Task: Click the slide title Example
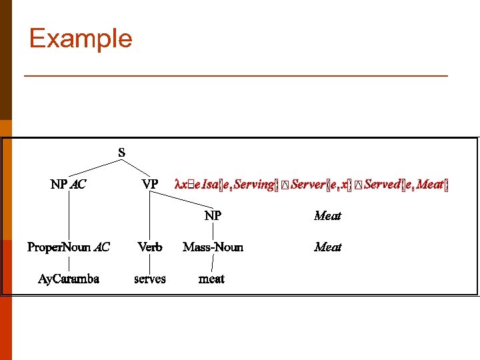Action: [x=81, y=39]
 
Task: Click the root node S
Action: [x=121, y=153]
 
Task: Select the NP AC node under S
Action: [x=68, y=184]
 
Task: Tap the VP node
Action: [x=150, y=184]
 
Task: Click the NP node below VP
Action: [x=213, y=215]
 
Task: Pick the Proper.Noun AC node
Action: [x=68, y=247]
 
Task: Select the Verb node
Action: [x=150, y=247]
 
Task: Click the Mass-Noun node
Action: [x=213, y=247]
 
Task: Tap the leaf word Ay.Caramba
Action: [x=68, y=279]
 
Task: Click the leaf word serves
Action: [x=150, y=279]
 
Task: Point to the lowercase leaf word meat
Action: [x=212, y=279]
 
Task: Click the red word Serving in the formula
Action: [x=255, y=184]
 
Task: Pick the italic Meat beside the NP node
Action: [x=327, y=215]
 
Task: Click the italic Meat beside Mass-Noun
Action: [x=327, y=247]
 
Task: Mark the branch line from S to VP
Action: [x=137, y=168]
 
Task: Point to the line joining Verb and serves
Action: [x=150, y=263]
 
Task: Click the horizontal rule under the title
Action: [x=235, y=77]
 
